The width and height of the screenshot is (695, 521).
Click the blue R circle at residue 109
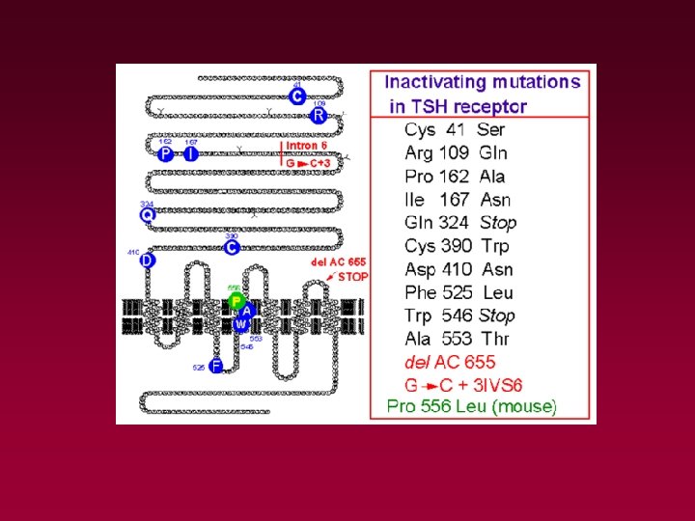coord(319,116)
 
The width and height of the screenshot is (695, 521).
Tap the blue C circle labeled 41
coord(298,96)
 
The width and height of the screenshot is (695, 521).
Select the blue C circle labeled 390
coord(232,248)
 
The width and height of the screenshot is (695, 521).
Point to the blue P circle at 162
coord(166,154)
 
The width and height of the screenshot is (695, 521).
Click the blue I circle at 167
coord(191,154)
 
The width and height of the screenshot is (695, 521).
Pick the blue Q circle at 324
coord(148,216)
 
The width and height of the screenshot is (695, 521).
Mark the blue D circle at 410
coord(147,260)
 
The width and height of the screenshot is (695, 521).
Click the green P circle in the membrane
coord(236,301)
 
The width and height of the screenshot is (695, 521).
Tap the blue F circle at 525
coord(216,366)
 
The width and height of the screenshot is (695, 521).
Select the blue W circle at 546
coord(240,324)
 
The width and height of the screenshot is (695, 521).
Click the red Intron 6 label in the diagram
coord(307,146)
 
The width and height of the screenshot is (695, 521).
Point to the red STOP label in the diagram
coord(352,276)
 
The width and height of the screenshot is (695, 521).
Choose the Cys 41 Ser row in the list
coord(455,129)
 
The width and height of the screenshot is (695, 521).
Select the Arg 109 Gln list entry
coord(456,152)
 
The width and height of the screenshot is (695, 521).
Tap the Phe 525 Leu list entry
coord(459,292)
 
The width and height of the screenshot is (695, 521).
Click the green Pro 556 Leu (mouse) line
coord(472,406)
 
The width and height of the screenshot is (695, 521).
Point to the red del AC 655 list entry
coord(449,362)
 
